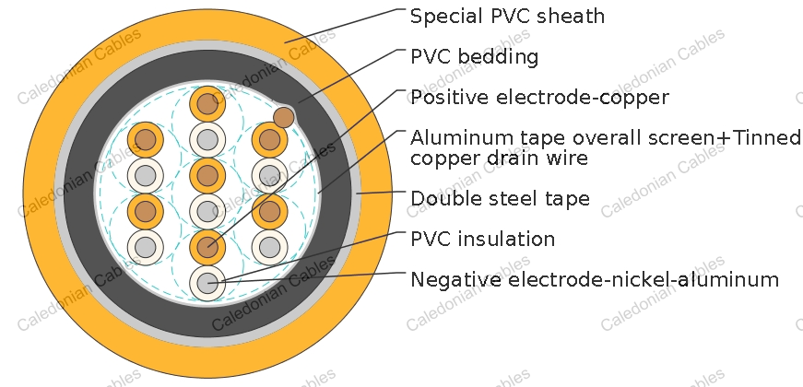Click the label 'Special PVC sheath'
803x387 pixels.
pyautogui.click(x=507, y=17)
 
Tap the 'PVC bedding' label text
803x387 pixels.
pyautogui.click(x=474, y=57)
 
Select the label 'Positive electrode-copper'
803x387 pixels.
pyautogui.click(x=539, y=98)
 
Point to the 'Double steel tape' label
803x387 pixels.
pyautogui.click(x=500, y=198)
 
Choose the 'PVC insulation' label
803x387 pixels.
pyautogui.click(x=482, y=239)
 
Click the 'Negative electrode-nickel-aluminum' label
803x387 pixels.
pyautogui.click(x=595, y=279)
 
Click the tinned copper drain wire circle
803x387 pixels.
pyautogui.click(x=284, y=117)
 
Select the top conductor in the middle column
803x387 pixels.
pyautogui.click(x=207, y=104)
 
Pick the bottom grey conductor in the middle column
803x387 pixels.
pyautogui.click(x=207, y=283)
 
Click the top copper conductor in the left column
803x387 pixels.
pyautogui.click(x=146, y=140)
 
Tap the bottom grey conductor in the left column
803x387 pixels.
pyautogui.click(x=146, y=247)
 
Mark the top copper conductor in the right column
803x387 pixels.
pyautogui.click(x=269, y=140)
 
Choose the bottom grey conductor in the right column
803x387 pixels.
pyautogui.click(x=269, y=247)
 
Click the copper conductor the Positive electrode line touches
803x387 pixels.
pyautogui.click(x=207, y=247)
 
